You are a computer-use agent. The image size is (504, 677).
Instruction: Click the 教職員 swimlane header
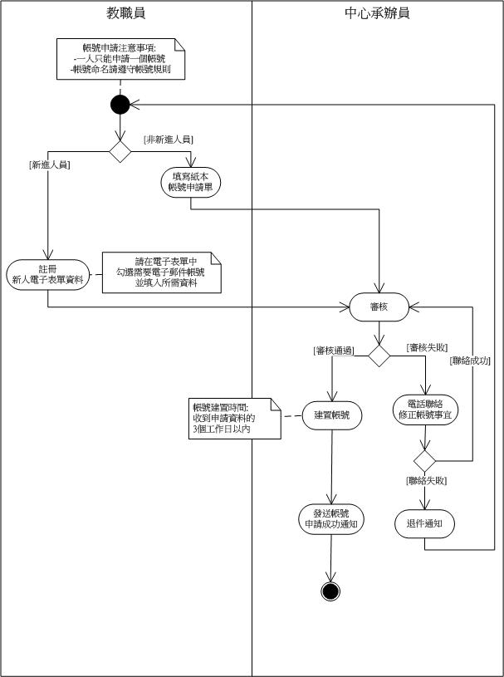tap(125, 13)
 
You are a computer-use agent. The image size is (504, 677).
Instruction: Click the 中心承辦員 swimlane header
tap(377, 13)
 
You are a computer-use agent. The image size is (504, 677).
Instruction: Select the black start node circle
tap(120, 105)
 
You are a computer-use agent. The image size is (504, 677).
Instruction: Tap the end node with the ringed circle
tap(331, 591)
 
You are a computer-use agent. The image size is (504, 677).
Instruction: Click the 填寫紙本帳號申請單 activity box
tap(191, 181)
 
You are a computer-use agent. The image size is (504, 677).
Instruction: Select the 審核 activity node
tap(379, 307)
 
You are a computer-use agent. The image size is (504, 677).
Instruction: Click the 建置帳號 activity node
tap(331, 415)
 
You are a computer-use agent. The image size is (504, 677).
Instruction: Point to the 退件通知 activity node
tap(425, 523)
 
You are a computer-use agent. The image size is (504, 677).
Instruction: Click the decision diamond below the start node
tap(120, 152)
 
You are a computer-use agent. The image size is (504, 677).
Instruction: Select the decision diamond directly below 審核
tap(379, 356)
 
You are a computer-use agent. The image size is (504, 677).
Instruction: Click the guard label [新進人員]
tap(48, 164)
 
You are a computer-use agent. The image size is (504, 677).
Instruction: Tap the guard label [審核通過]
tap(335, 351)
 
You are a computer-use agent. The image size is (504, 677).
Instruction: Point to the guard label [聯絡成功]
tap(470, 361)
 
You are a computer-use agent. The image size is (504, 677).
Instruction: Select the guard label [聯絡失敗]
tap(427, 481)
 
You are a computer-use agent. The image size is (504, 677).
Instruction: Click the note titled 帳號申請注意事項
tap(121, 60)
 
